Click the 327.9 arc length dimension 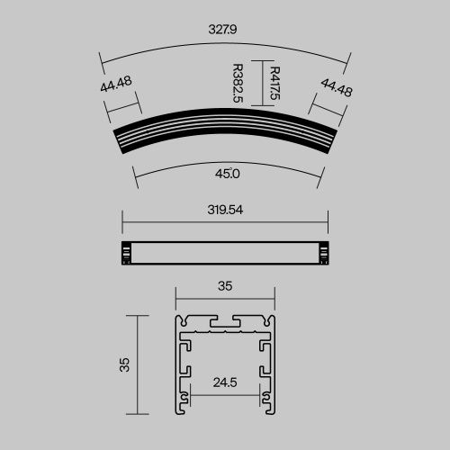(224, 29)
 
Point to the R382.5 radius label (237, 83)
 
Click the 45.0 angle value (225, 173)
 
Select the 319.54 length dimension (225, 210)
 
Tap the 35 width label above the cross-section (225, 286)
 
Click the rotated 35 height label (125, 364)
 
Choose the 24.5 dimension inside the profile (225, 382)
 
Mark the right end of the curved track (330, 141)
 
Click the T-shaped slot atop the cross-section (225, 320)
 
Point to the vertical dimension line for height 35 (138, 364)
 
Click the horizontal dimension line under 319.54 (225, 220)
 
